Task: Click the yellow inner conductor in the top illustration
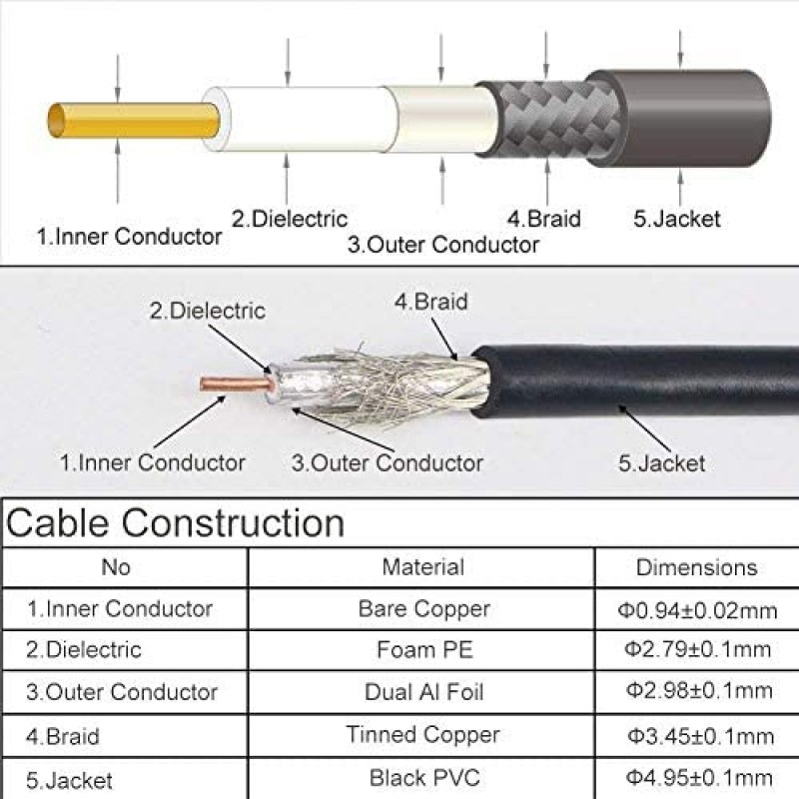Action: click(x=134, y=120)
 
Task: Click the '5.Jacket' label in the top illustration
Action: click(x=677, y=219)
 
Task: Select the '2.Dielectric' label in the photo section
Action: click(x=208, y=311)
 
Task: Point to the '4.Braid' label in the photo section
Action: click(x=431, y=302)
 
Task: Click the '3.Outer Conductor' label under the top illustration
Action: click(x=442, y=245)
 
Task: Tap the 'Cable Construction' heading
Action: click(x=175, y=522)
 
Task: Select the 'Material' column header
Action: click(x=422, y=567)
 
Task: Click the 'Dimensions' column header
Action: click(x=696, y=567)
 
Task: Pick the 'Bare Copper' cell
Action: click(x=423, y=609)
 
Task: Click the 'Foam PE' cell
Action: click(x=425, y=650)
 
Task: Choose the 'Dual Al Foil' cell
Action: click(x=423, y=692)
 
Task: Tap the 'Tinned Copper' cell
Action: click(x=422, y=735)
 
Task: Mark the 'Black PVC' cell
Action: click(x=424, y=778)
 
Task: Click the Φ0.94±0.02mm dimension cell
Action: click(x=697, y=610)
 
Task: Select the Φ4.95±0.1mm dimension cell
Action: click(x=698, y=778)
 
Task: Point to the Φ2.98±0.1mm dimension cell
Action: click(x=698, y=691)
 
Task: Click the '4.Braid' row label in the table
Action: click(x=63, y=736)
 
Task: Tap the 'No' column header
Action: click(x=116, y=567)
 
